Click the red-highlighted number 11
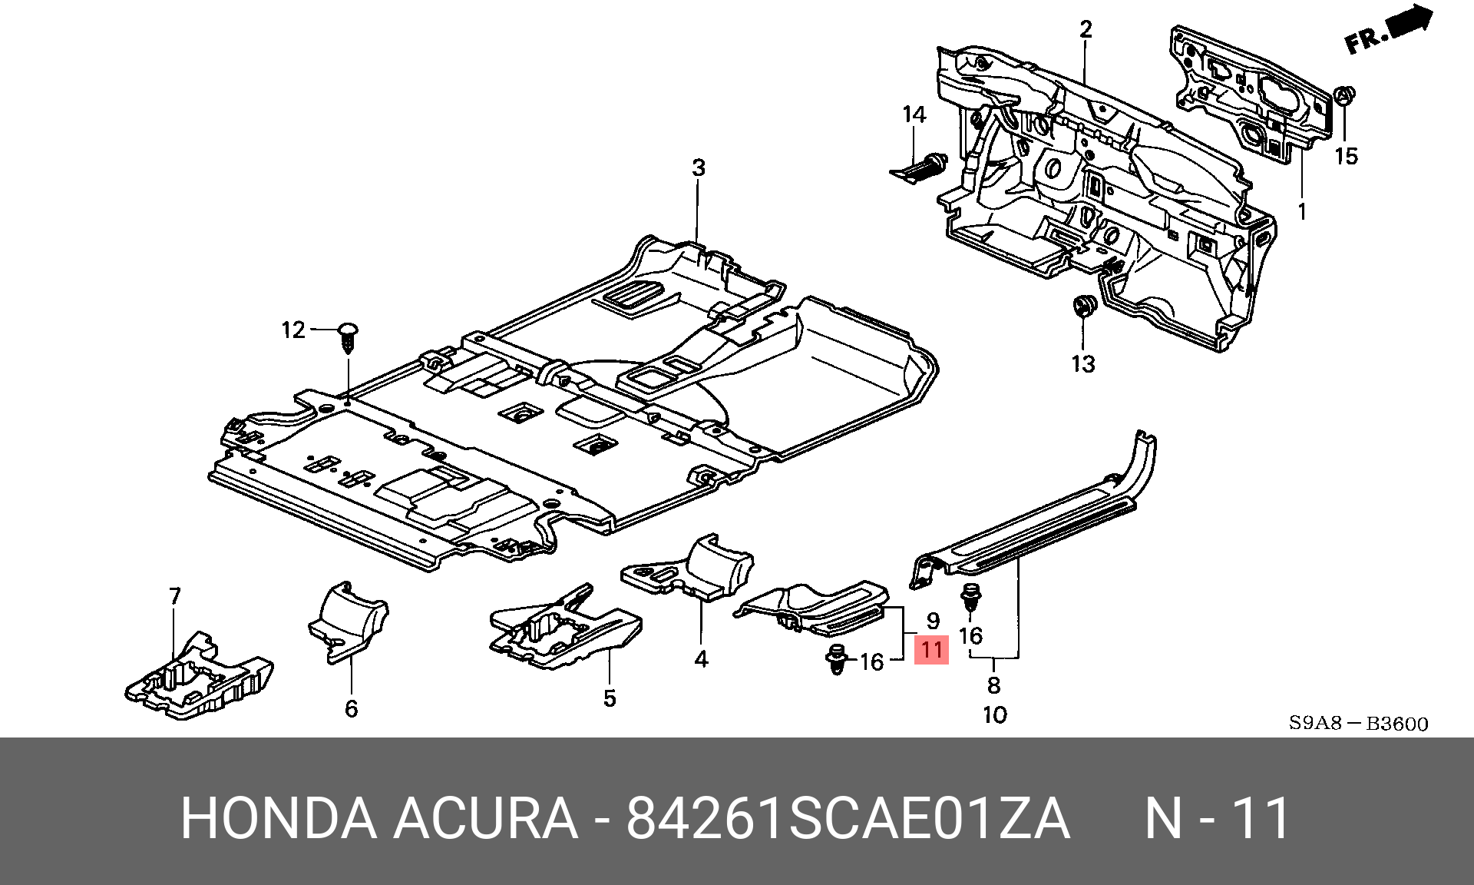(x=932, y=650)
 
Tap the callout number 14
(x=914, y=114)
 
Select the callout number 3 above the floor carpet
(x=698, y=167)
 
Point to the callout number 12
(x=293, y=330)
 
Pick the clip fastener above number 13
(x=1083, y=306)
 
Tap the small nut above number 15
(x=1345, y=95)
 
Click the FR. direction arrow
(x=1390, y=31)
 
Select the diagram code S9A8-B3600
(x=1358, y=723)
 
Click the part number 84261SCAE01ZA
(x=848, y=818)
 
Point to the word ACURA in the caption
(x=485, y=818)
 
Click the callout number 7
(x=175, y=596)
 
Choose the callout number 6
(x=351, y=708)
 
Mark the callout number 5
(x=610, y=698)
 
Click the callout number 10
(x=994, y=715)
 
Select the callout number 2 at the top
(x=1086, y=29)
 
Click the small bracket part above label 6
(x=349, y=621)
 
